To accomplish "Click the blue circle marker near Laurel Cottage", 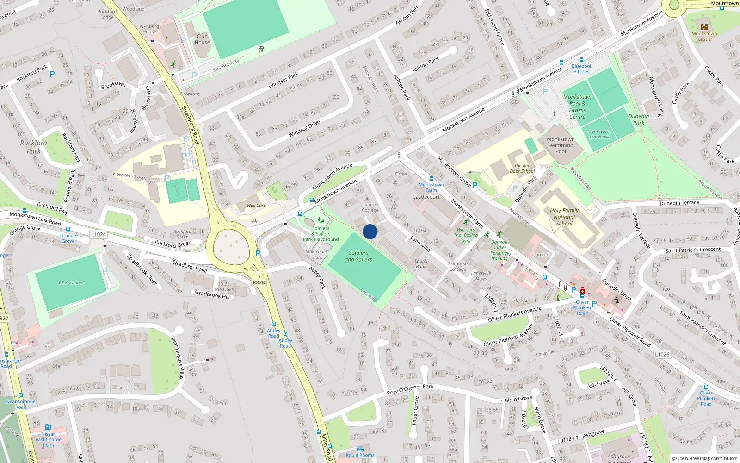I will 370,231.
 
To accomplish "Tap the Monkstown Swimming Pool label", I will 560,145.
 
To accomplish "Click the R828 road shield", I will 259,282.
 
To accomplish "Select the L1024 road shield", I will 99,234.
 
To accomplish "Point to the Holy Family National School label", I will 564,217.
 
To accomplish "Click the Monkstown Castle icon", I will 704,27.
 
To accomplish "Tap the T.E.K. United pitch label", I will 71,282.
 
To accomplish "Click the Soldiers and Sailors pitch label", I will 358,256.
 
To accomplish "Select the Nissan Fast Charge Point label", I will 49,439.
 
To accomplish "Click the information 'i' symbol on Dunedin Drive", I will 617,300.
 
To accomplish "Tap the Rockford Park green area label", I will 33,147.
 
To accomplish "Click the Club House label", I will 202,39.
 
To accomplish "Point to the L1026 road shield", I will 662,354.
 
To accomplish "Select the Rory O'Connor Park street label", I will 410,389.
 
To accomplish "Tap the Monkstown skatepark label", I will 599,134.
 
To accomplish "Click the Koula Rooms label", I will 360,455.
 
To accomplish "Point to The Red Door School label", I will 522,168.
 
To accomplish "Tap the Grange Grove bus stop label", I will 68,238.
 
